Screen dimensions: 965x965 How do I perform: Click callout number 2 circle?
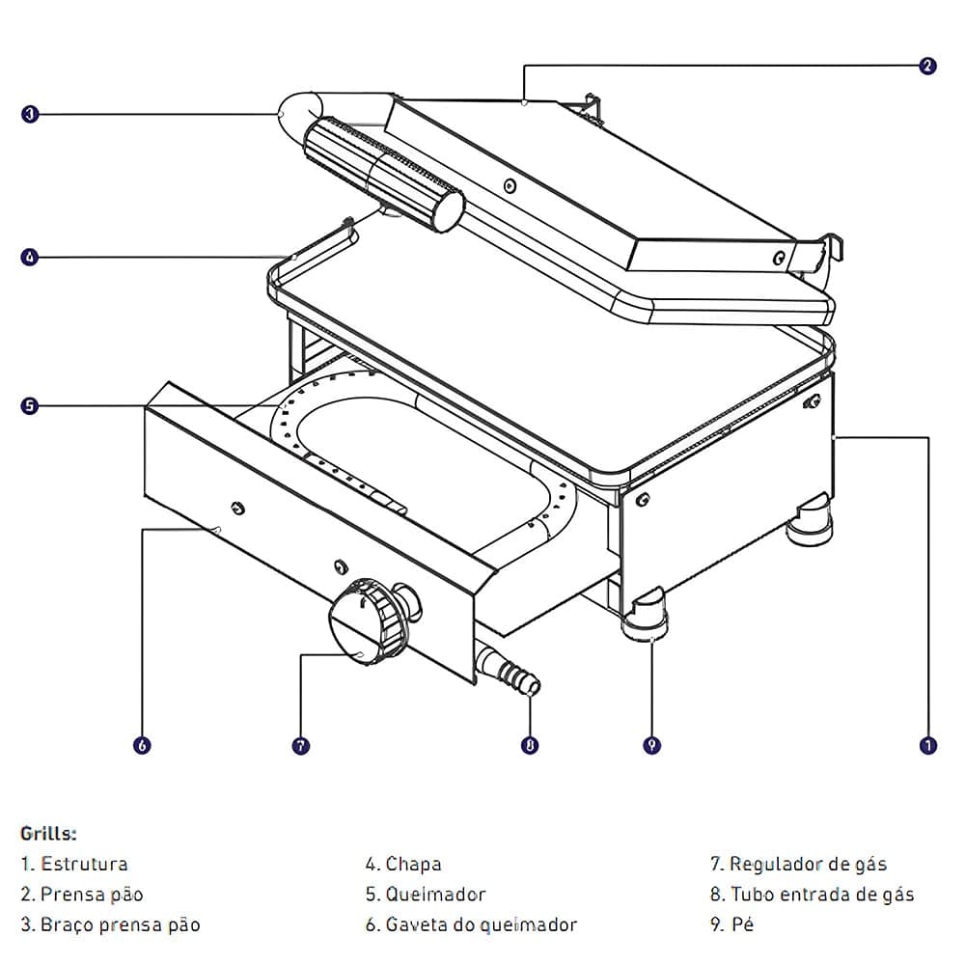click(927, 67)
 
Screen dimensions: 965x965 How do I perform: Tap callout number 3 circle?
click(30, 114)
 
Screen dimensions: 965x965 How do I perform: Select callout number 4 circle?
click(30, 258)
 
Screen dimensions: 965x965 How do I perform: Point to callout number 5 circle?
click(30, 405)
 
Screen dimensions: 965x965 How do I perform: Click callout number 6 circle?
click(142, 745)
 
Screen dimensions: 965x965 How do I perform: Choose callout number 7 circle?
click(301, 745)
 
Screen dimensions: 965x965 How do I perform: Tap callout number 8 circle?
click(530, 745)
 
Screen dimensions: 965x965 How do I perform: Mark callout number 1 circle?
click(927, 745)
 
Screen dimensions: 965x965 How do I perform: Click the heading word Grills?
click(48, 832)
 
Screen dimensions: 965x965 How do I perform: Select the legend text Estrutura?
click(84, 864)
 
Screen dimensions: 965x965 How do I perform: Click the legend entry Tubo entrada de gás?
click(821, 895)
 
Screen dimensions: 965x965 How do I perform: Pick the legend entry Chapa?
click(413, 864)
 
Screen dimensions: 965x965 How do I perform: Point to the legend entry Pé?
click(742, 924)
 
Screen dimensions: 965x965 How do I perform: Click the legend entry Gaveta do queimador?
click(481, 924)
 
